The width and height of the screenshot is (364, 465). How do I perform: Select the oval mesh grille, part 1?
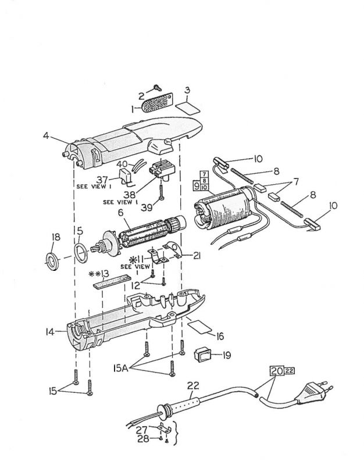[152, 105]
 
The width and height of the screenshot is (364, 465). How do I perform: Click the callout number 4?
[45, 137]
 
